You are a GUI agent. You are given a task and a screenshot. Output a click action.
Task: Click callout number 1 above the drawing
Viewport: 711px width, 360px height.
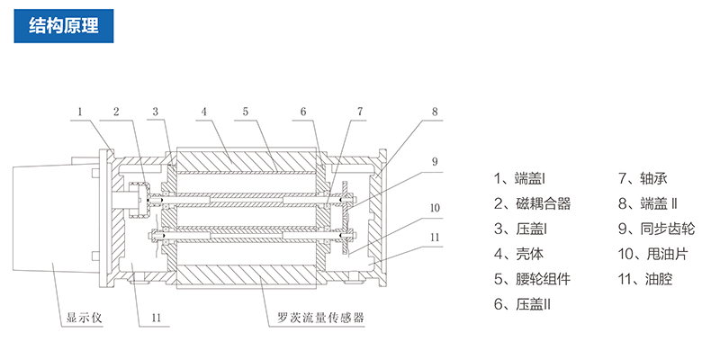(80, 112)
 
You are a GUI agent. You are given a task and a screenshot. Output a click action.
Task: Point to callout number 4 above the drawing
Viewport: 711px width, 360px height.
(204, 112)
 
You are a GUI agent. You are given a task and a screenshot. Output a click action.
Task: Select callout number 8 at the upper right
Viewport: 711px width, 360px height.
(434, 112)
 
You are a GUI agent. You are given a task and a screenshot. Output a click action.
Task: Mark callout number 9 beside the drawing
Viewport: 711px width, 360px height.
(434, 162)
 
